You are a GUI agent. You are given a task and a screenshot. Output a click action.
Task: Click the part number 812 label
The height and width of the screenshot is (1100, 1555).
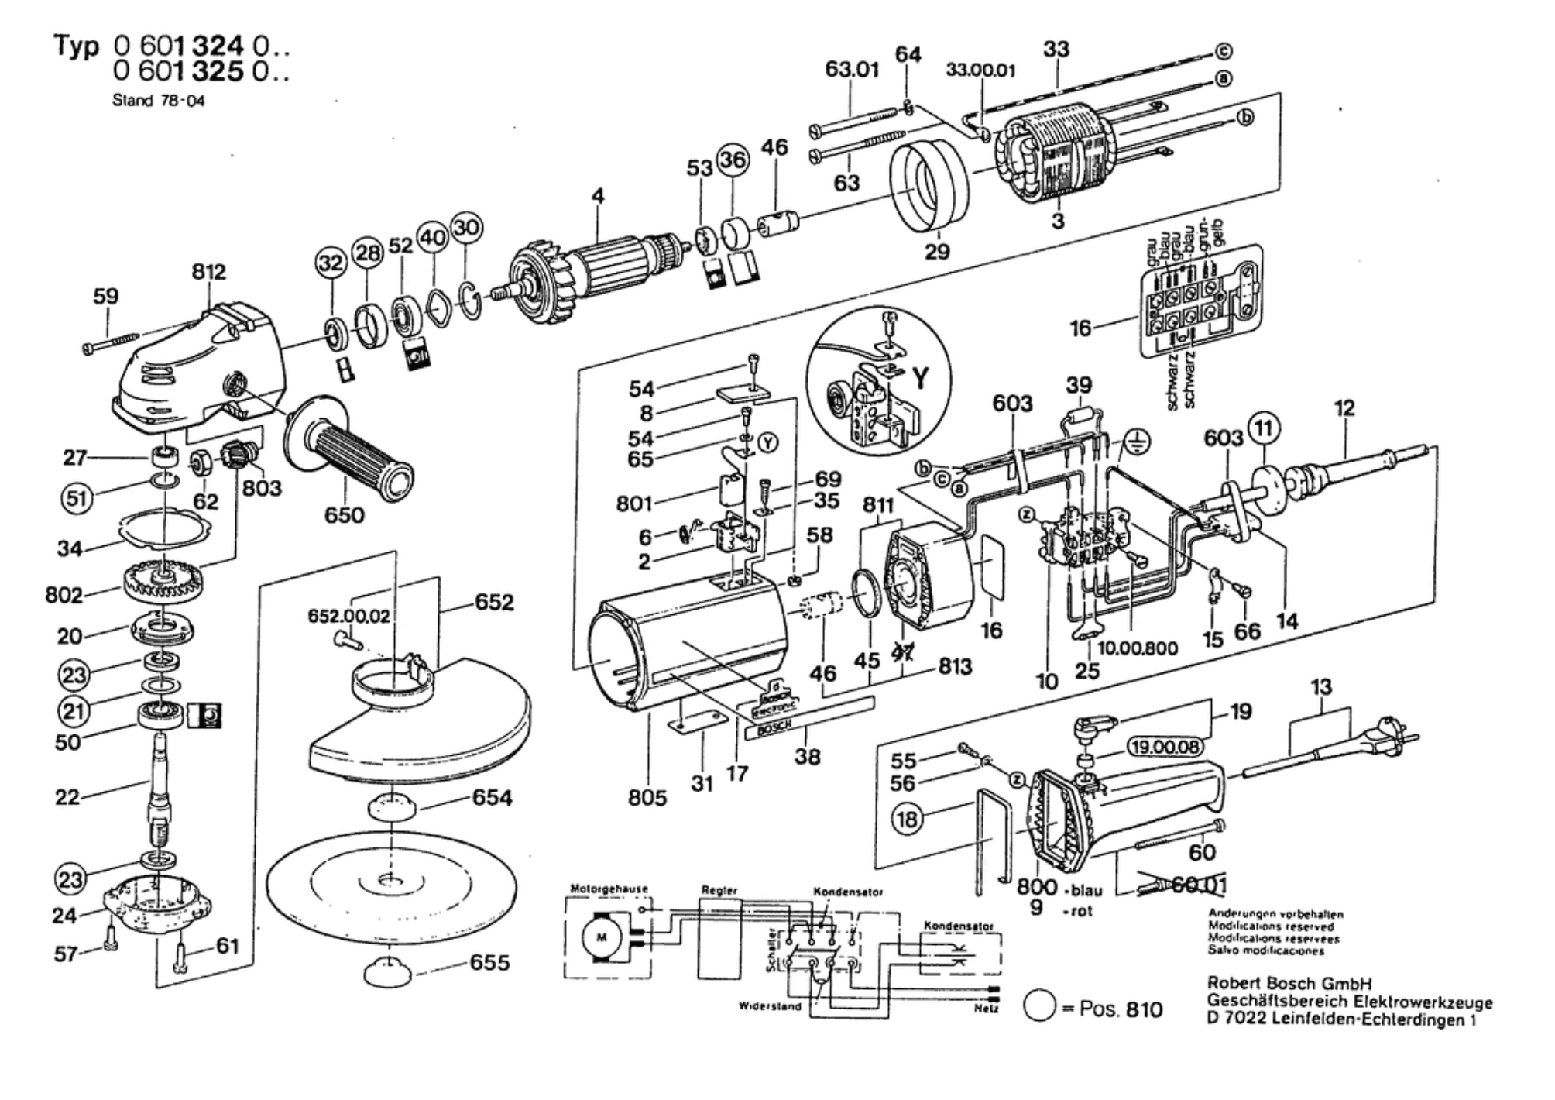[208, 272]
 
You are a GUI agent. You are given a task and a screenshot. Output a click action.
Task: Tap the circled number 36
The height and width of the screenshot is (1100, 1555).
[733, 160]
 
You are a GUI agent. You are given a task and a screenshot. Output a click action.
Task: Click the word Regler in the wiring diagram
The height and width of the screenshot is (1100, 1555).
[719, 891]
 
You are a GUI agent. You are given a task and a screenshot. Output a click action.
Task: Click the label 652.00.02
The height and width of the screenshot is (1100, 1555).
[348, 616]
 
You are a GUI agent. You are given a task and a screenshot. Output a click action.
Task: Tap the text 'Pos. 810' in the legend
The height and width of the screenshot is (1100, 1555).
[1120, 1009]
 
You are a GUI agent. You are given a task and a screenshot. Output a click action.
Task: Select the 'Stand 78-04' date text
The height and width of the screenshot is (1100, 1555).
[159, 101]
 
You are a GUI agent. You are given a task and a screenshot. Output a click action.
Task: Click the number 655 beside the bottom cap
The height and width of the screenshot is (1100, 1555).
[489, 963]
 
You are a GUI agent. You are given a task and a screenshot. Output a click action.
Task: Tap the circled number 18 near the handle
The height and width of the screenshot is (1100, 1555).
[908, 818]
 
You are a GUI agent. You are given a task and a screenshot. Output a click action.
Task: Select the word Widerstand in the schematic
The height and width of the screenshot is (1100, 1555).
[770, 1006]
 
